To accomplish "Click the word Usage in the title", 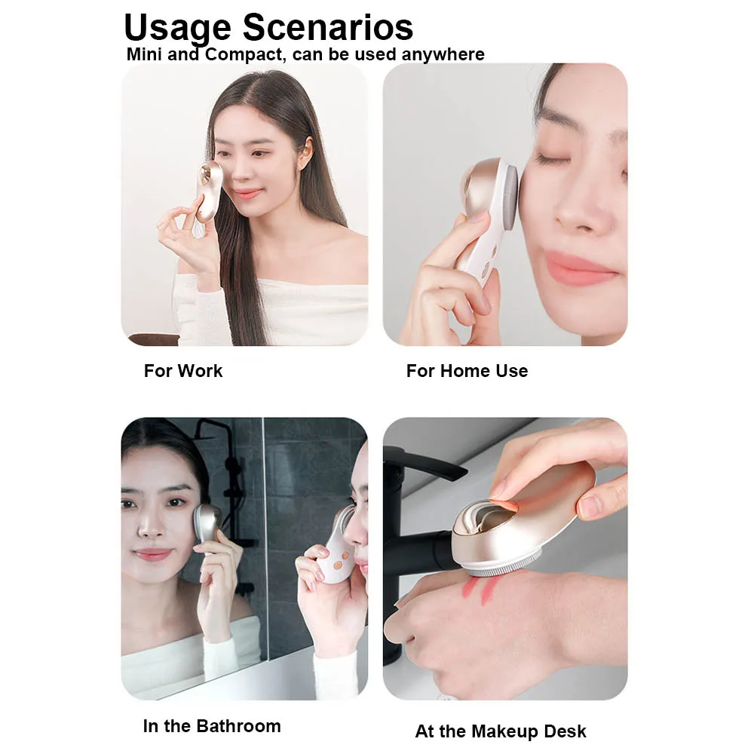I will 177,29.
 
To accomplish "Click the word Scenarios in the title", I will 328,27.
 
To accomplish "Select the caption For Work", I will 183,371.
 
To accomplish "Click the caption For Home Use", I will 467,371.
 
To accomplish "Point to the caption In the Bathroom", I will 211,726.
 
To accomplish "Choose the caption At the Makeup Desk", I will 501,731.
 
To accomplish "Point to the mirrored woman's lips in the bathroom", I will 153,555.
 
